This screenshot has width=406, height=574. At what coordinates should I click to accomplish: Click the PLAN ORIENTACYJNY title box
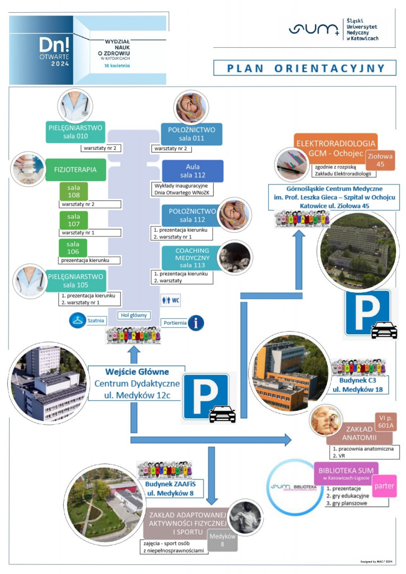pyautogui.click(x=304, y=68)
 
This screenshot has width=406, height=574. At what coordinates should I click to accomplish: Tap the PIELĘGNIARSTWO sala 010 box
pyautogui.click(x=75, y=132)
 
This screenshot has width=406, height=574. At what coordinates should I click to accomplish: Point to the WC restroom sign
pyautogui.click(x=171, y=300)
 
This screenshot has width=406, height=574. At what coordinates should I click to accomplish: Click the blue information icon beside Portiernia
pyautogui.click(x=196, y=322)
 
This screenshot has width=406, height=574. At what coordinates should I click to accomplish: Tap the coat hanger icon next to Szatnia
pyautogui.click(x=77, y=320)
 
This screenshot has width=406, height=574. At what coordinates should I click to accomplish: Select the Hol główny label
pyautogui.click(x=132, y=315)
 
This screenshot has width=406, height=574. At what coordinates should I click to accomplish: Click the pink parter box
pyautogui.click(x=384, y=486)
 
